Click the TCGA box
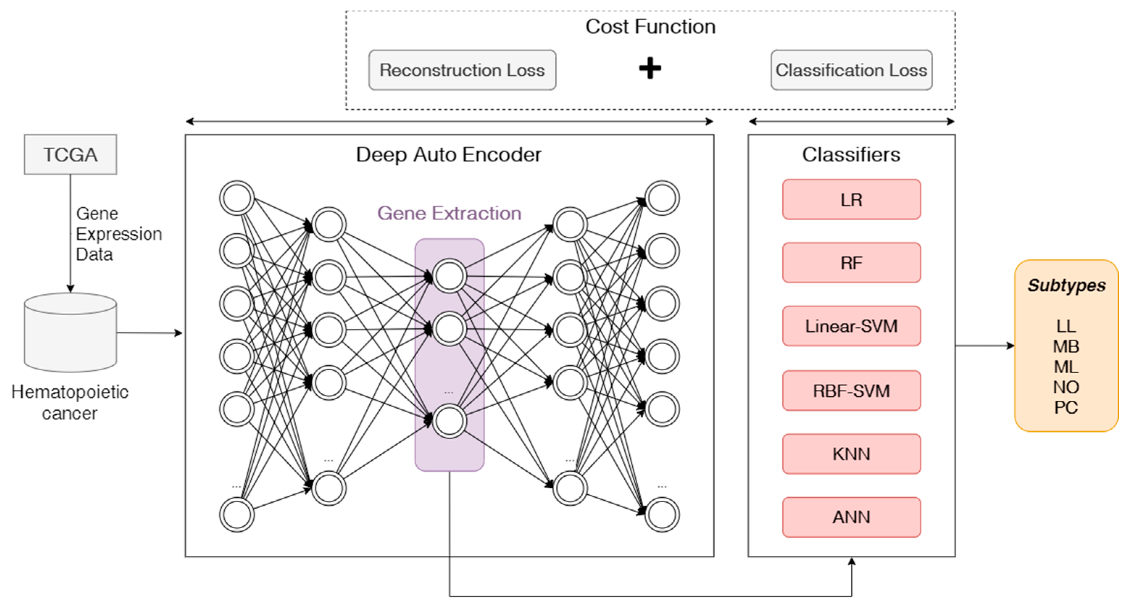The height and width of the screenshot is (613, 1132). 70,154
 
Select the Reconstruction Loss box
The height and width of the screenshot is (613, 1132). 462,70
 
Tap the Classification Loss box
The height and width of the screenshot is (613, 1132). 851,70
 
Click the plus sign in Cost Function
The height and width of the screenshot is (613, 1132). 650,68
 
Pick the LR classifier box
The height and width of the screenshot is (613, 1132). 851,199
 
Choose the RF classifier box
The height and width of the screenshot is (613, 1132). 851,262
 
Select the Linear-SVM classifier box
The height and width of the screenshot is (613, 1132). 851,326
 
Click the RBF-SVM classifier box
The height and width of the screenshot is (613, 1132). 851,391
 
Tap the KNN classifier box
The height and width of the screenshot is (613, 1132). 851,454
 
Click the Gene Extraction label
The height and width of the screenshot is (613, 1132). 449,213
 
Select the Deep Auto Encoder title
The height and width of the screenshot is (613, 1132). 448,155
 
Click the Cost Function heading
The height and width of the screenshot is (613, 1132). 650,26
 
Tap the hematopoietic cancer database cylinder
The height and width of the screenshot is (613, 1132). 70,333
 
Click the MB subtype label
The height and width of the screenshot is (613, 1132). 1066,347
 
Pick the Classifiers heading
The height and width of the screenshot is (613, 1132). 851,155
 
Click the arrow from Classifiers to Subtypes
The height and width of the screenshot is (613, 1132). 985,346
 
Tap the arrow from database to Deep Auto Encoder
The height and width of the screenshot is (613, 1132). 149,333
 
